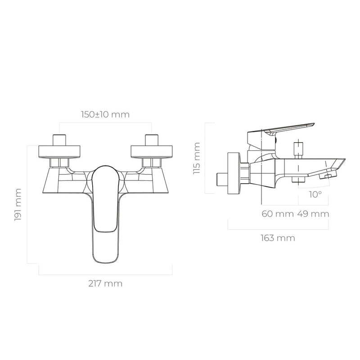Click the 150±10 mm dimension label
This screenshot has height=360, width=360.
pyautogui.click(x=105, y=114)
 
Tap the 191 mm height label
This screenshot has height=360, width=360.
pyautogui.click(x=18, y=205)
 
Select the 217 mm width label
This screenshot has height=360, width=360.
pyautogui.click(x=105, y=284)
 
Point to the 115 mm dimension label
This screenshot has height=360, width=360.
pyautogui.click(x=197, y=158)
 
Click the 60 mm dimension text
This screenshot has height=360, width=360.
pyautogui.click(x=278, y=214)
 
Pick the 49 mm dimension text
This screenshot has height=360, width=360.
pyautogui.click(x=313, y=214)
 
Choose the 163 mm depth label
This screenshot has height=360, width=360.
pyautogui.click(x=278, y=238)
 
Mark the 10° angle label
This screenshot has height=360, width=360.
pyautogui.click(x=315, y=194)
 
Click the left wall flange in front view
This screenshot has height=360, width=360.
pyautogui.click(x=59, y=152)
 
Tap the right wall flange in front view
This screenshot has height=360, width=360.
pyautogui.click(x=152, y=152)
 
